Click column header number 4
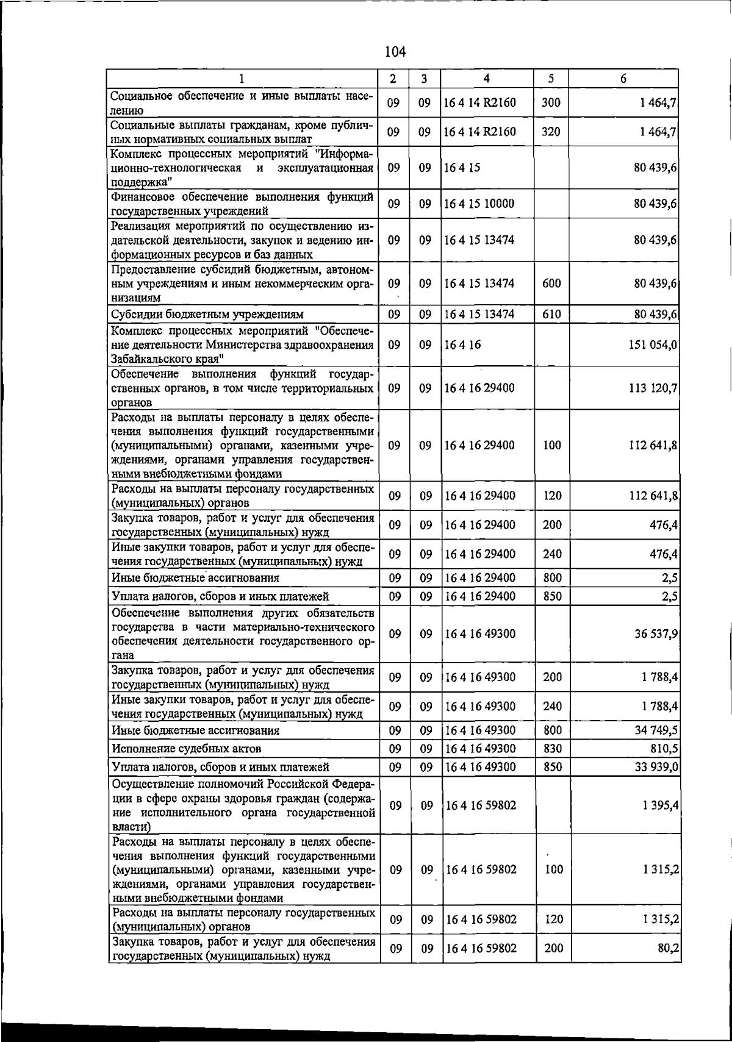(x=486, y=79)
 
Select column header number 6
(x=623, y=79)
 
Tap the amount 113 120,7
(x=653, y=388)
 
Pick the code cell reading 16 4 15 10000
(x=479, y=204)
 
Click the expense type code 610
(x=551, y=315)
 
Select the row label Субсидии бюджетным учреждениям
(x=207, y=315)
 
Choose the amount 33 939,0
(x=656, y=767)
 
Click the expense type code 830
(x=552, y=749)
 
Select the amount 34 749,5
(x=656, y=730)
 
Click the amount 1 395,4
(x=660, y=806)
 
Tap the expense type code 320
(x=551, y=132)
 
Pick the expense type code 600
(x=551, y=284)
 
